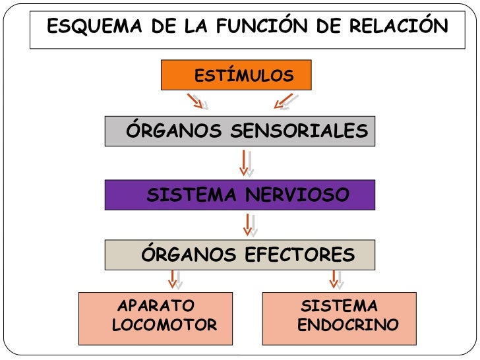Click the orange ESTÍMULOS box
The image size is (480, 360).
[236, 76]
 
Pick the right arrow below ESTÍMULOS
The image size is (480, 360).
[284, 101]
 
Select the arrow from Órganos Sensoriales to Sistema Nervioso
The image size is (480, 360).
[245, 163]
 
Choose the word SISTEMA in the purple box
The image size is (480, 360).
[193, 195]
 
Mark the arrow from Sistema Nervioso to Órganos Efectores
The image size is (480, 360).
[249, 224]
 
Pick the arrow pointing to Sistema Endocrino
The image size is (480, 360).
[334, 278]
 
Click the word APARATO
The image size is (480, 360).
[156, 307]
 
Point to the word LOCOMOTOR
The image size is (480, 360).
[165, 325]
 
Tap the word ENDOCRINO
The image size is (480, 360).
[348, 325]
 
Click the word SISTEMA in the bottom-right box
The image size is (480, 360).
[339, 307]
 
